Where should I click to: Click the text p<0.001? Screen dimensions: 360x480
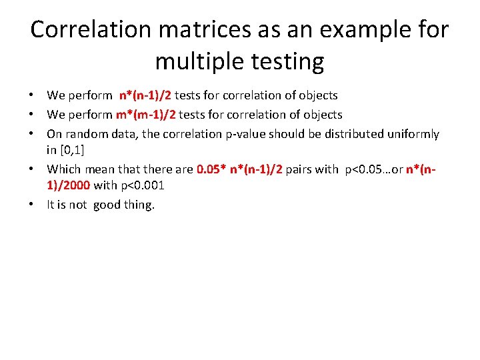point(142,185)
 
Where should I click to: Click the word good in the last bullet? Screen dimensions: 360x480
point(106,205)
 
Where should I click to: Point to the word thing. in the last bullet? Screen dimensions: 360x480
point(139,205)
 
